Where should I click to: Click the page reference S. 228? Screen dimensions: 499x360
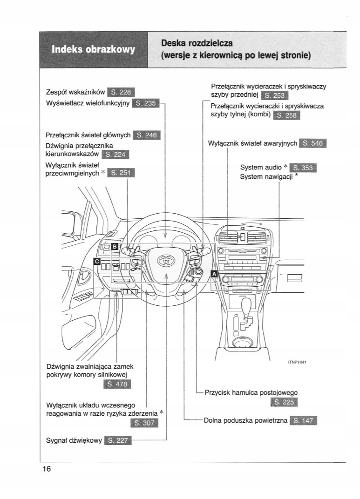tap(120, 92)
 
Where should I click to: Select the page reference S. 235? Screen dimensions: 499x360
tap(146, 103)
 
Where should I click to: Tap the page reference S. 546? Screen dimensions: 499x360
tap(313, 143)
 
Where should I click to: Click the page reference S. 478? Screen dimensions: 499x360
tap(119, 384)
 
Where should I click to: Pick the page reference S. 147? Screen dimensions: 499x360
tap(303, 421)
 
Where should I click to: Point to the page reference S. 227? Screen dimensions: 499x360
tap(118, 440)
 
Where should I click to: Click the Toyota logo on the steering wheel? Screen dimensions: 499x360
tap(166, 261)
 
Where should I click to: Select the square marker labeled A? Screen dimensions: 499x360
tap(214, 274)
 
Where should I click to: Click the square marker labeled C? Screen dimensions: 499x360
tap(97, 262)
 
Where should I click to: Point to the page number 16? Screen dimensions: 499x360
tap(46, 469)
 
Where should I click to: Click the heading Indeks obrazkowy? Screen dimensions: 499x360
tap(93, 49)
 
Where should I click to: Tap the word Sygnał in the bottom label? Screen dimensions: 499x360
tap(59, 440)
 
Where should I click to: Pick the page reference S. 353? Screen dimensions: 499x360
tap(303, 168)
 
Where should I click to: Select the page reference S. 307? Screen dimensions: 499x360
tap(146, 423)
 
